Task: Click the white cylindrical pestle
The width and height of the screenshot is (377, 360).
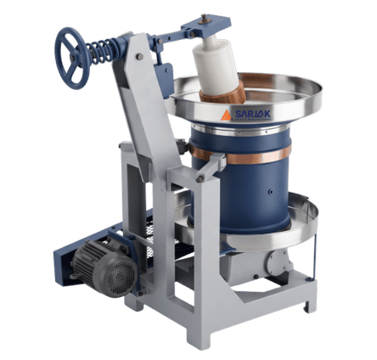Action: pyautogui.click(x=216, y=65)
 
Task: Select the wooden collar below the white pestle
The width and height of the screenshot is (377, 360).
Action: pyautogui.click(x=223, y=93)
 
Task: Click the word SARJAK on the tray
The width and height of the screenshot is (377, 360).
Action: pyautogui.click(x=253, y=114)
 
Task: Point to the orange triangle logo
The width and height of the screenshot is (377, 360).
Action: pyautogui.click(x=226, y=115)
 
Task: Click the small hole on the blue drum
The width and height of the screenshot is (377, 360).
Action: pyautogui.click(x=271, y=191)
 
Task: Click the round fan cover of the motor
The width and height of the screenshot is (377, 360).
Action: pyautogui.click(x=121, y=278)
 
